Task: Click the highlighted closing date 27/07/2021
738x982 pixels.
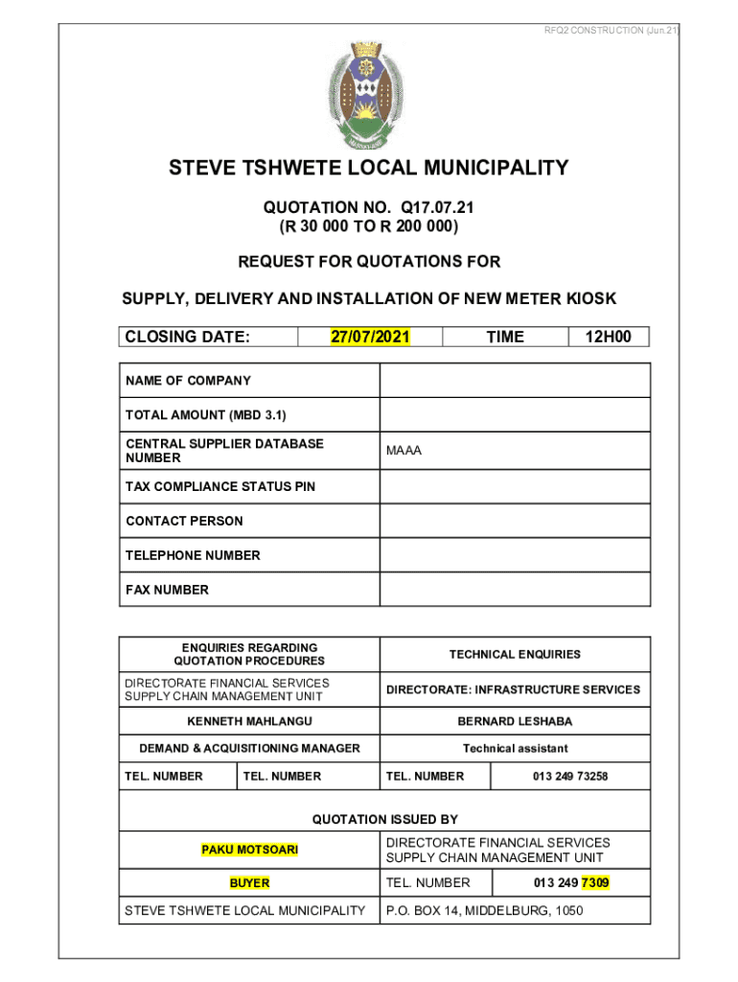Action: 370,337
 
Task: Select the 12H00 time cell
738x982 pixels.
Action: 609,337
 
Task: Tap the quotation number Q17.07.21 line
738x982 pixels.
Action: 369,207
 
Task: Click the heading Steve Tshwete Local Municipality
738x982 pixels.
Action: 369,170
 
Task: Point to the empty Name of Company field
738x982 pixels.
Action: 515,381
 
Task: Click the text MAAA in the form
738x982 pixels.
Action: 404,451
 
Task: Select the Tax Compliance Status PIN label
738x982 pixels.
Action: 220,486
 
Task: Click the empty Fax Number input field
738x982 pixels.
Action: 515,590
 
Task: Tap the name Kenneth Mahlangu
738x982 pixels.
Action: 249,719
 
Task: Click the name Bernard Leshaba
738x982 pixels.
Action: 515,719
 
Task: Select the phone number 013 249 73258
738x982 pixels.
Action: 570,776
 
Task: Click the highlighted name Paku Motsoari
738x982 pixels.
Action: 249,850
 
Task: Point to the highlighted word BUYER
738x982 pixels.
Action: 249,882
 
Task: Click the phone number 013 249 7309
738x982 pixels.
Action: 571,882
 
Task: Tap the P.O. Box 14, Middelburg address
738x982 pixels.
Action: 484,911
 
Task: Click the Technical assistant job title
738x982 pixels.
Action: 515,748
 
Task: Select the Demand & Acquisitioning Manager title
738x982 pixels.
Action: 249,748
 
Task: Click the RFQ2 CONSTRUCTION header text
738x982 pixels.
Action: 611,31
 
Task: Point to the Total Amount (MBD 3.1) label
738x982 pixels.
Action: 206,415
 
